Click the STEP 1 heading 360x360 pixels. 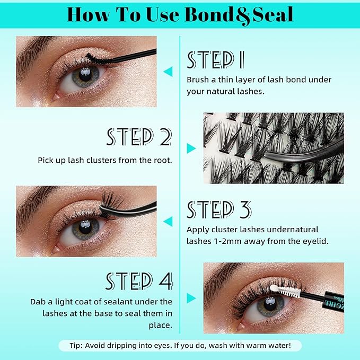point(215,60)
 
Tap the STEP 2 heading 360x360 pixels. point(139,137)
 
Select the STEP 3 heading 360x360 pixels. point(218,210)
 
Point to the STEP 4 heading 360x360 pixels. point(139,281)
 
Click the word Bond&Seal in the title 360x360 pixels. point(239,14)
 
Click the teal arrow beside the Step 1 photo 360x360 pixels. point(168,71)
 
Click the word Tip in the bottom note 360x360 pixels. point(76,346)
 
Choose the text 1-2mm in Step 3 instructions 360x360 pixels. point(210,241)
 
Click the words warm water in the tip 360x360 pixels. point(276,346)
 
